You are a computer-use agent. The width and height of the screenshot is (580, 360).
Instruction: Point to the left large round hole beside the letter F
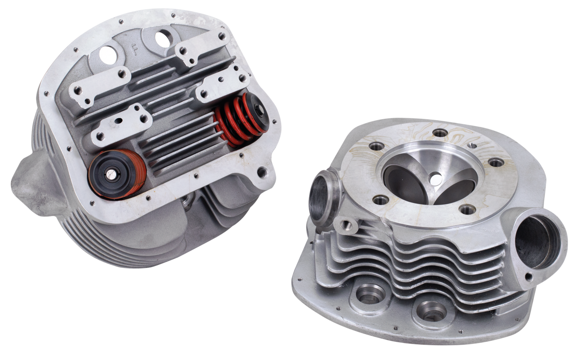[x=108, y=55]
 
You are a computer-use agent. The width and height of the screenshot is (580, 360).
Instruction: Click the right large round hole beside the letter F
[x=162, y=39]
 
